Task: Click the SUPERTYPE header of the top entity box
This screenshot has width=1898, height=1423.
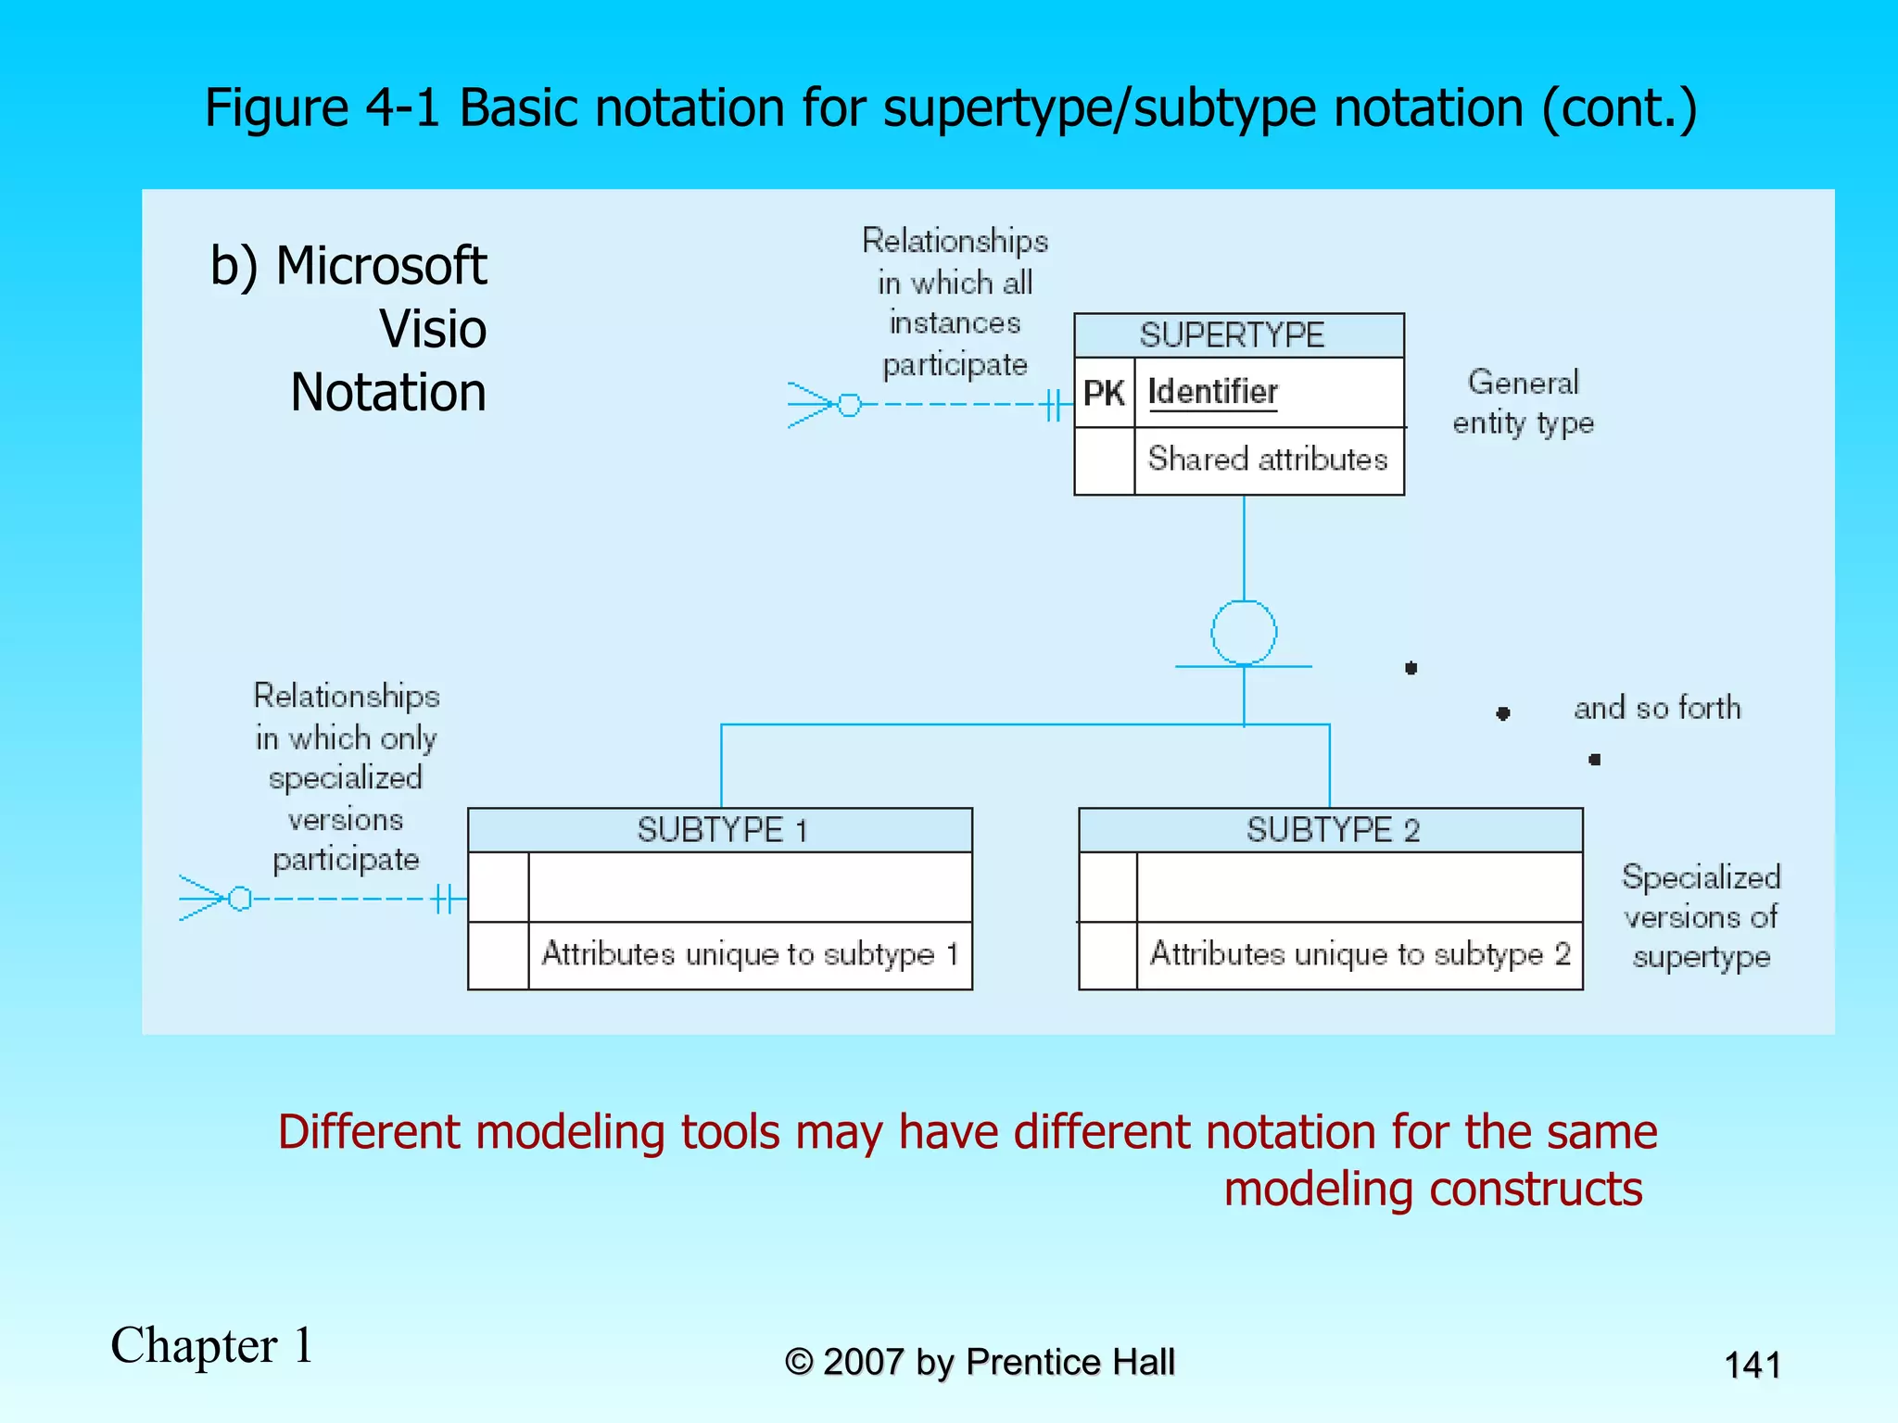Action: pos(1232,335)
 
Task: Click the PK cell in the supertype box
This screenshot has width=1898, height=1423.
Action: pos(1104,393)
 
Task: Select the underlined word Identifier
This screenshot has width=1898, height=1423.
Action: pos(1212,392)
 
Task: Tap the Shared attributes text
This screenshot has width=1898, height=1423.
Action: pos(1267,460)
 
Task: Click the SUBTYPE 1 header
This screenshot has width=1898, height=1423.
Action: pos(721,830)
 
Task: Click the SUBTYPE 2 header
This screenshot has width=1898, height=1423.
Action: pos(1332,830)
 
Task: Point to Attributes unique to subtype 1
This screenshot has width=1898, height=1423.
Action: pos(749,954)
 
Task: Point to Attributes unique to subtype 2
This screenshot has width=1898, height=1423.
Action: pos(1359,954)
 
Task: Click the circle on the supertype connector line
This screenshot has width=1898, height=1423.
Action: pos(1244,633)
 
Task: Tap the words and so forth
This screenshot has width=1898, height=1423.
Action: pos(1657,709)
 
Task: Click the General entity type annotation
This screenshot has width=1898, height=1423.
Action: pos(1523,402)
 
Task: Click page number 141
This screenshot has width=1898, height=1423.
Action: pos(1752,1366)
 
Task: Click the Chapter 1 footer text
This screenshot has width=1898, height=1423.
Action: pos(212,1346)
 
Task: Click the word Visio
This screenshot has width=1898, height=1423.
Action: pos(433,329)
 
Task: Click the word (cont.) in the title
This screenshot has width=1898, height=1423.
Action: pos(1619,108)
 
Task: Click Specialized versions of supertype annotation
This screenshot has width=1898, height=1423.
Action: pos(1701,916)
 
